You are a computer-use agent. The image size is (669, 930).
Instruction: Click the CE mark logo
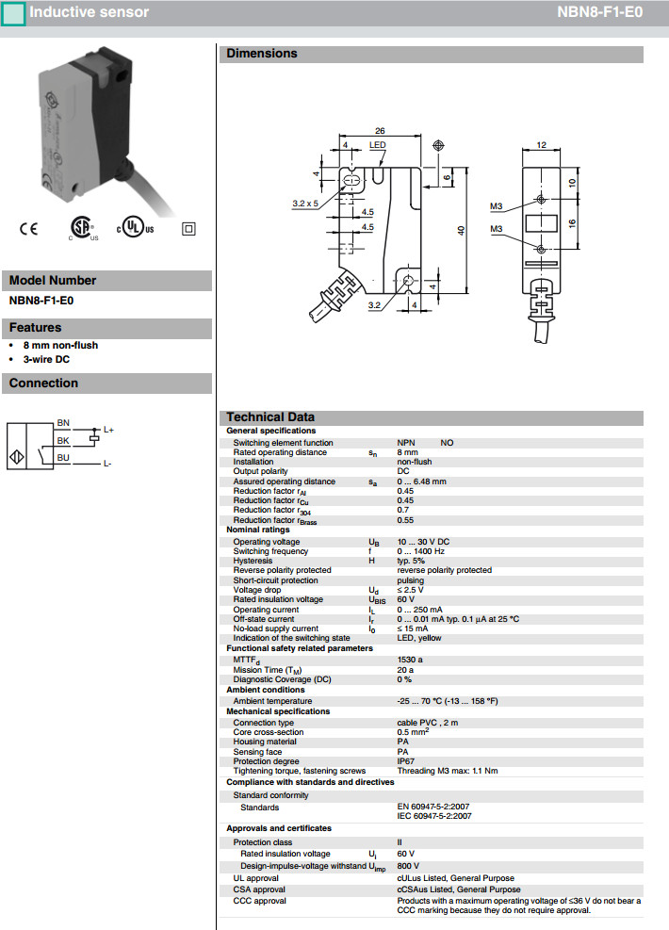[x=29, y=229]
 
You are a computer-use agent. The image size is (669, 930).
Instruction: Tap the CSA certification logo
[x=81, y=229]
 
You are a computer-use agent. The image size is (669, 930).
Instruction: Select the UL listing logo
[x=136, y=229]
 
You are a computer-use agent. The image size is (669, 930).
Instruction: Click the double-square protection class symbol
[x=188, y=228]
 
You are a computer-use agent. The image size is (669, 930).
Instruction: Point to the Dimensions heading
[x=261, y=54]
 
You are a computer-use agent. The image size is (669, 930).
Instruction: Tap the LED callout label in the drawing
[x=377, y=145]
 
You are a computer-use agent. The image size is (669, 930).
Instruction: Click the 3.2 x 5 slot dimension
[x=305, y=203]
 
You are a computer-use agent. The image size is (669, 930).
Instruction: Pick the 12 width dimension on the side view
[x=541, y=144]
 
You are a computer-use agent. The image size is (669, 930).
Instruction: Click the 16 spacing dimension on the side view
[x=572, y=223]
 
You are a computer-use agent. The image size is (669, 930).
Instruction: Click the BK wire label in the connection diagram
[x=63, y=440]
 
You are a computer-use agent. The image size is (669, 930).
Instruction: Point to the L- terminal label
[x=107, y=464]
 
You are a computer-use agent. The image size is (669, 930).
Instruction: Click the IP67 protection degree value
[x=407, y=761]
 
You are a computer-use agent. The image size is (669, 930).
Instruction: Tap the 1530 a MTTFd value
[x=410, y=660]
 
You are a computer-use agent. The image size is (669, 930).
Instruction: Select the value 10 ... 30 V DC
[x=423, y=542]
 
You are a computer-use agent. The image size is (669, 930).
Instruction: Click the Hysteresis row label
[x=253, y=561]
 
